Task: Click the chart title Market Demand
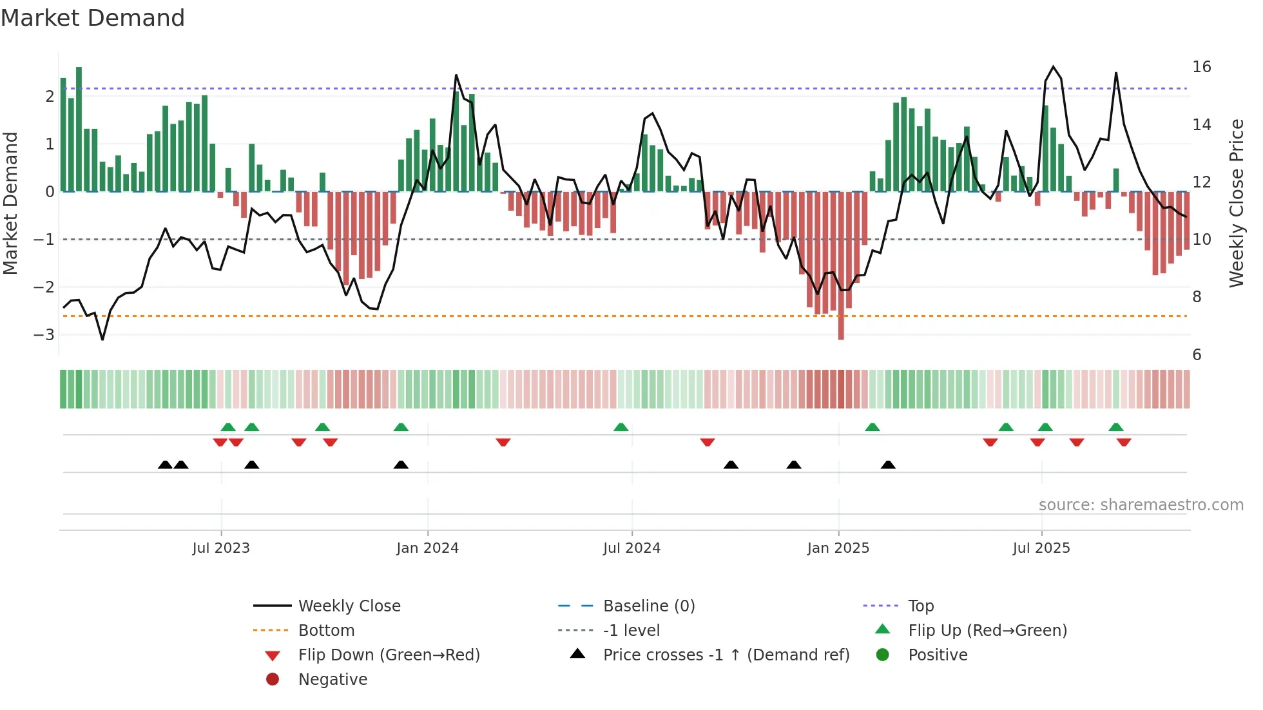(93, 18)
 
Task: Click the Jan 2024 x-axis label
(427, 548)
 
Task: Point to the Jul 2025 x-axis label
(1041, 548)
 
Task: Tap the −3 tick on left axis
(44, 334)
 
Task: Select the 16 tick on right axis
(1201, 67)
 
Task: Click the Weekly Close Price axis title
(1236, 203)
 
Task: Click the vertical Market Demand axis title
(11, 203)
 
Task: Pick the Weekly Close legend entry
(349, 606)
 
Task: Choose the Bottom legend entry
(326, 630)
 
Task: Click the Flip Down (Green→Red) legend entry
(389, 655)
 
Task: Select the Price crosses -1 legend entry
(726, 655)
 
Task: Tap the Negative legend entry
(333, 679)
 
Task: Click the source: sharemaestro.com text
(1141, 504)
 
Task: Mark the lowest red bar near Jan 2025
(841, 336)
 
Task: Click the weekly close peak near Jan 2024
(456, 76)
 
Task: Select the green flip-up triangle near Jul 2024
(621, 427)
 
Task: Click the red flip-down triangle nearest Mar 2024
(503, 442)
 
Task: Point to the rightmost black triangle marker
(888, 465)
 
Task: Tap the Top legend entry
(920, 606)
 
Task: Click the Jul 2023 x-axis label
(220, 548)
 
